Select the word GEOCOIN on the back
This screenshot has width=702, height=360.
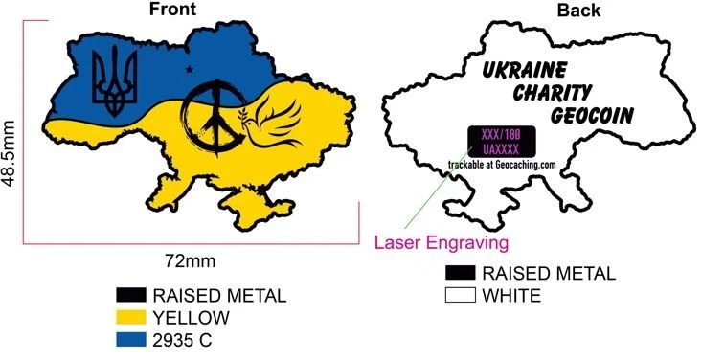[x=594, y=116]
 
